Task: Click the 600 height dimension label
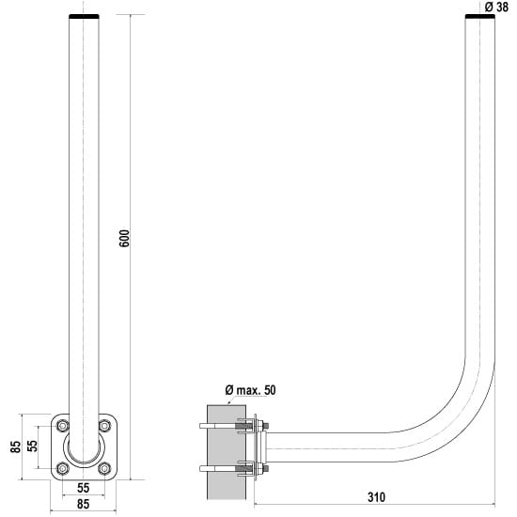[125, 239]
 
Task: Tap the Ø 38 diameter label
[497, 7]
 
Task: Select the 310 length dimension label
[376, 497]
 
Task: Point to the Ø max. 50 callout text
[251, 390]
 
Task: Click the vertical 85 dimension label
[15, 446]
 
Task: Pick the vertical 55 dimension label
[32, 446]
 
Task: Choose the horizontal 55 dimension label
[83, 488]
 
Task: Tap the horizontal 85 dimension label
[83, 504]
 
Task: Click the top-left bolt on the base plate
[63, 426]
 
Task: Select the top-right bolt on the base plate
[104, 426]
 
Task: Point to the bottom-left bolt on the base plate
[63, 468]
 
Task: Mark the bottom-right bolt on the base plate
[104, 468]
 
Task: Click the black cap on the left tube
[84, 17]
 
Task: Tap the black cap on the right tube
[480, 17]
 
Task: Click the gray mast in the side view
[227, 452]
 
